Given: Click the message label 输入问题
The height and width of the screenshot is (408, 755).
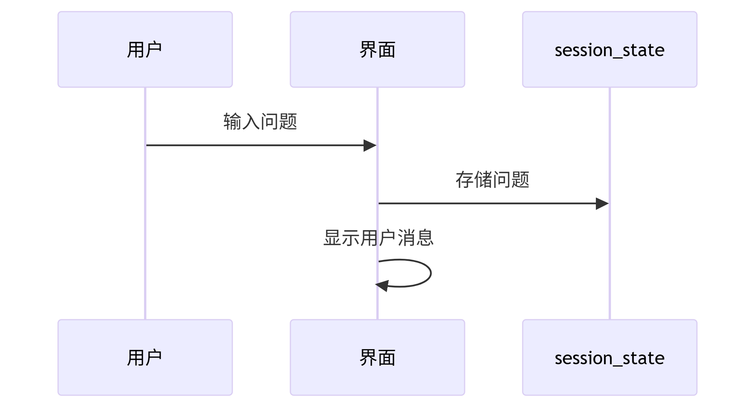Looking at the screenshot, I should click(x=260, y=122).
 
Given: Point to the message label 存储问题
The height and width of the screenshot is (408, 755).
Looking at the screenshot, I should click(x=492, y=180).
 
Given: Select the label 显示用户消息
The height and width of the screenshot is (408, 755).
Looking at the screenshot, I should click(x=378, y=238).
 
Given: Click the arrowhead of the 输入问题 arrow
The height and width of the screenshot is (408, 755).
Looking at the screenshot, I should click(x=371, y=146).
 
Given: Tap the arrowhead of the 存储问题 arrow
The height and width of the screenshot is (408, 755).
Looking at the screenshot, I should click(x=602, y=203).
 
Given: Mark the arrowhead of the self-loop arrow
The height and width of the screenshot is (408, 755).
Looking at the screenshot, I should click(x=383, y=286).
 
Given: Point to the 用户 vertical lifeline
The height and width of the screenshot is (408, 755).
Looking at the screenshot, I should click(x=145, y=232).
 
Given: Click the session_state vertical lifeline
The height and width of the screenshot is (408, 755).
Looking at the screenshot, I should click(x=610, y=263).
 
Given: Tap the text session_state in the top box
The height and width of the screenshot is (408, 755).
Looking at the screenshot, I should click(x=609, y=50).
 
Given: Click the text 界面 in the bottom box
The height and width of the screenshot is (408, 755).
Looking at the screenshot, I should click(x=377, y=358).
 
